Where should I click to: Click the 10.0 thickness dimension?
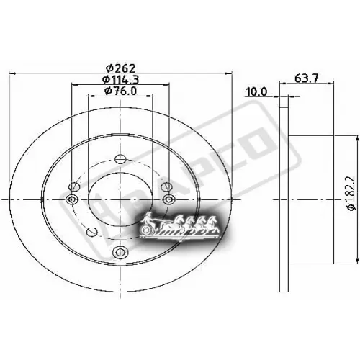click(x=256, y=91)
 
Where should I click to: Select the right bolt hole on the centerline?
click(x=168, y=199)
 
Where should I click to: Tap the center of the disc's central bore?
click(x=120, y=199)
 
